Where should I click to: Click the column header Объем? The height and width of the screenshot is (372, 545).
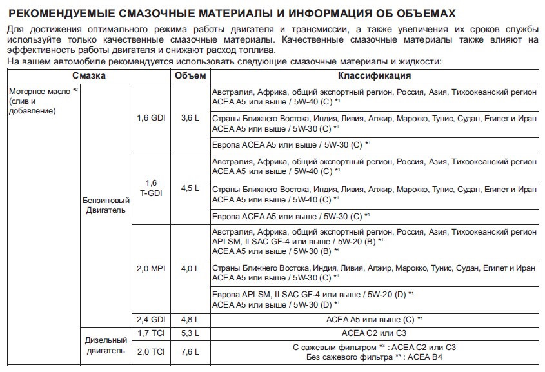coord(190,75)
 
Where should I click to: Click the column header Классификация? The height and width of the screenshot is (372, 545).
coord(374,75)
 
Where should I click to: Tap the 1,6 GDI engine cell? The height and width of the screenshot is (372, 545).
coord(150,118)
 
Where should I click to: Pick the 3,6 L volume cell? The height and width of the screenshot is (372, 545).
coord(190,118)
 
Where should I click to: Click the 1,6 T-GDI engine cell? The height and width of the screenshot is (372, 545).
coord(150,188)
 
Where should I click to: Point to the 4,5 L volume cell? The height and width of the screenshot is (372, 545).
coord(190,188)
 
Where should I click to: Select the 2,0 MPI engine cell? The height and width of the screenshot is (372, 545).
coord(150,268)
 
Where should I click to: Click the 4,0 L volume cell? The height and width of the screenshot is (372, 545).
coord(190,268)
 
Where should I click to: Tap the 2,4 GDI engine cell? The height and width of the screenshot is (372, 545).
coord(150,319)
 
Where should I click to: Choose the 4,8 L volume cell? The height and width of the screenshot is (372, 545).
coord(190,319)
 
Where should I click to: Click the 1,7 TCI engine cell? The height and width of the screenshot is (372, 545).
coord(150,333)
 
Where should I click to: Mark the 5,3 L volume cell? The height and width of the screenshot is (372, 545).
coord(190,333)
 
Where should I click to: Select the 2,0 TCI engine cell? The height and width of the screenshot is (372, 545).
coord(150,351)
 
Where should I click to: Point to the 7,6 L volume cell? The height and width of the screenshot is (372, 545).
coord(190,351)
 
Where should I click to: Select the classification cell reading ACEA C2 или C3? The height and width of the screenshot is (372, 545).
coord(374,333)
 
